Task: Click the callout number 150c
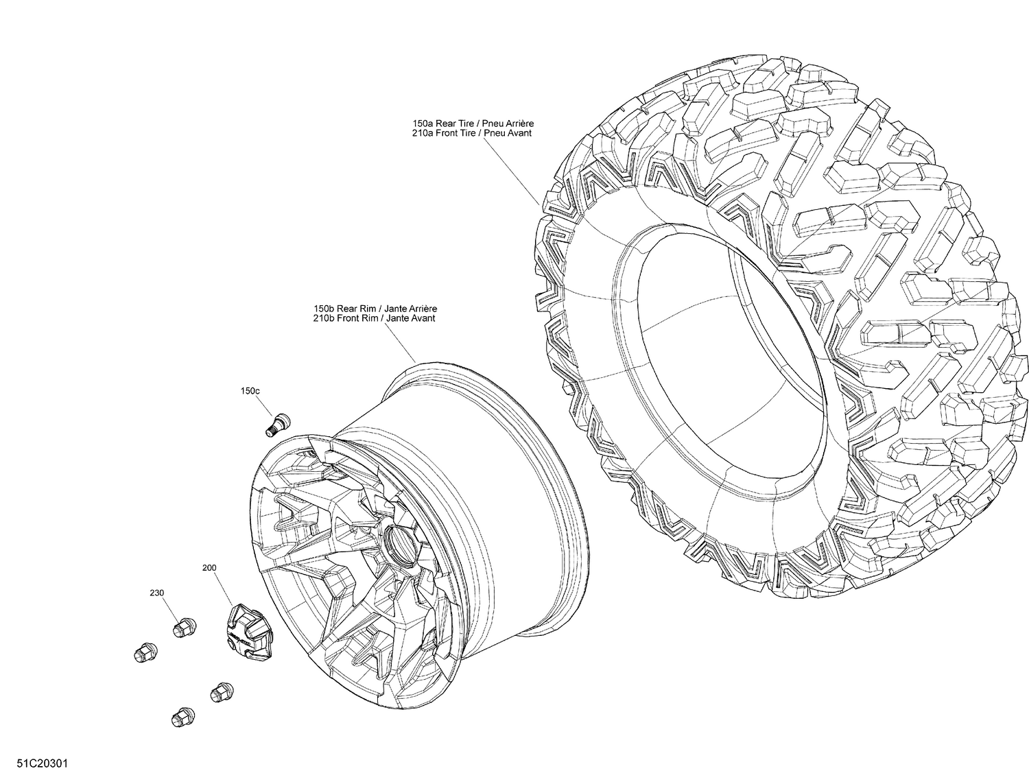pos(250,391)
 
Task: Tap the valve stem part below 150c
pos(277,423)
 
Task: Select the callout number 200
pos(209,569)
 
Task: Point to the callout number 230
pos(157,593)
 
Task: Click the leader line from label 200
pos(224,590)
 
